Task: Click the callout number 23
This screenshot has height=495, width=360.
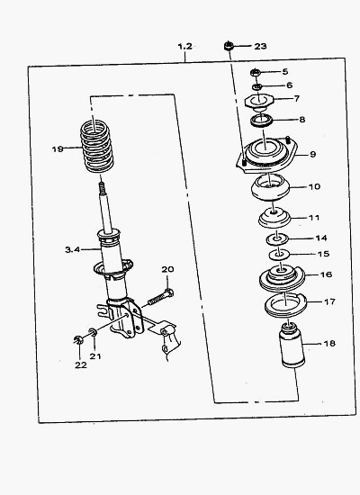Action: (x=260, y=47)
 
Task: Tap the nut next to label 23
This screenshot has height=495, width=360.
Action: (x=229, y=46)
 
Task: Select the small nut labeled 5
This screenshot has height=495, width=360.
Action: (x=256, y=72)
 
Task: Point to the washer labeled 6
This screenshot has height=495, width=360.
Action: (x=257, y=86)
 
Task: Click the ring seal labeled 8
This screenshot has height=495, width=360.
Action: (x=262, y=121)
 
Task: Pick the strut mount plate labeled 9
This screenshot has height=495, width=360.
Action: (x=266, y=156)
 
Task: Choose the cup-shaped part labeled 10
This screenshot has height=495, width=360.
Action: (x=270, y=187)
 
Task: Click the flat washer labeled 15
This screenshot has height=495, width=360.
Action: (x=279, y=255)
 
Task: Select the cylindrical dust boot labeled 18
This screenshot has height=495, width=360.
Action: (x=292, y=346)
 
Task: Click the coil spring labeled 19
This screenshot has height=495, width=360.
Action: (x=96, y=147)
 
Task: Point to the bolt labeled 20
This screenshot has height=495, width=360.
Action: (x=160, y=297)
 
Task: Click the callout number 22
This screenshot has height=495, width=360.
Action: (x=80, y=364)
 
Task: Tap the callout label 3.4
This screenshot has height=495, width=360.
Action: (x=72, y=249)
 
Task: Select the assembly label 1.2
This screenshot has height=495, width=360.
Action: (x=184, y=47)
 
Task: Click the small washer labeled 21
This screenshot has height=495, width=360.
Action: (x=93, y=332)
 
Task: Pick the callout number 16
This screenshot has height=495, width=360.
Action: (x=326, y=274)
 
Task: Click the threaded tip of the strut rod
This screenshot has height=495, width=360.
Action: (x=102, y=188)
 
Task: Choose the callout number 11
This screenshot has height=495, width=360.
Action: (x=314, y=218)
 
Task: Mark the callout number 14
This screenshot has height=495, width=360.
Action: (x=321, y=238)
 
